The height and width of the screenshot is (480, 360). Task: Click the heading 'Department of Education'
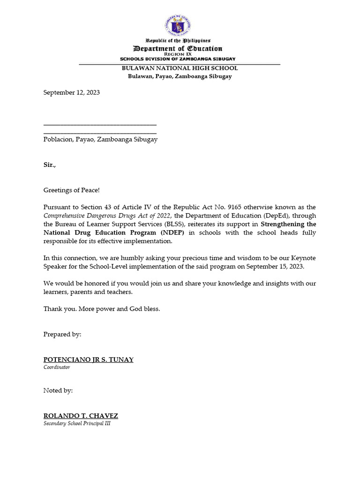point(178,49)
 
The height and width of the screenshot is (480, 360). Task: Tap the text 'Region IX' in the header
point(178,54)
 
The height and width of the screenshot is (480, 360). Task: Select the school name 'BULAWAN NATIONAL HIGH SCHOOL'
point(180,68)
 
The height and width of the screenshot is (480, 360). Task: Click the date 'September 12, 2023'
point(72,93)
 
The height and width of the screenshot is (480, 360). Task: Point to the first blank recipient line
point(100,124)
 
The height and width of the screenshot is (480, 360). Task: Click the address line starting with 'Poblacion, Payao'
point(100,139)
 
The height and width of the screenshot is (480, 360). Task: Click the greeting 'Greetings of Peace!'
point(72,190)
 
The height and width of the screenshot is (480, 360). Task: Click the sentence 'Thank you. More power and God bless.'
point(102,309)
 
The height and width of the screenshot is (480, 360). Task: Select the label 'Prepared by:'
point(62,334)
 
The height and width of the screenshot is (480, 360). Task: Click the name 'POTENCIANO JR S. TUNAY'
point(89,360)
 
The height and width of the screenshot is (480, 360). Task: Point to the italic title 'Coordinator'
point(57,367)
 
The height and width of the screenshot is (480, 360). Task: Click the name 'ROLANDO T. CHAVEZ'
point(81,416)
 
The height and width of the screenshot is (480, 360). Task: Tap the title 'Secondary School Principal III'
point(77,423)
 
